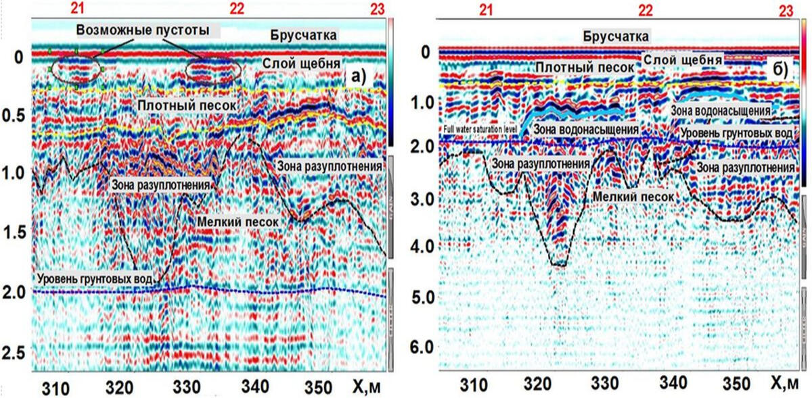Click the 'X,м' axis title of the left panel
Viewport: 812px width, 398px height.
coord(369,388)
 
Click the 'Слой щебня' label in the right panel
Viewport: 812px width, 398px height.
coord(681,61)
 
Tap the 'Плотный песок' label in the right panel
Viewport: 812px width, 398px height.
coord(583,68)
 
